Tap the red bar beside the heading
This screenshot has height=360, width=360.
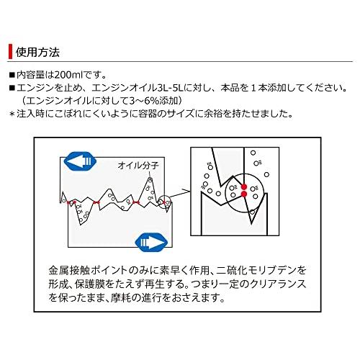click(10, 53)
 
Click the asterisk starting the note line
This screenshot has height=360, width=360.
click(11, 113)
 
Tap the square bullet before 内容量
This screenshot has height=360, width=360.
click(11, 75)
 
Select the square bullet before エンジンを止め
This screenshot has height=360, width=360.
click(11, 87)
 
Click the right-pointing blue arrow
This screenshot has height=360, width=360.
click(152, 238)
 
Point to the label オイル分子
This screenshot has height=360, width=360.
click(137, 166)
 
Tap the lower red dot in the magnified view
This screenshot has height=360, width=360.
click(246, 193)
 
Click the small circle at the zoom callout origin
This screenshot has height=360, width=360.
click(166, 204)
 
